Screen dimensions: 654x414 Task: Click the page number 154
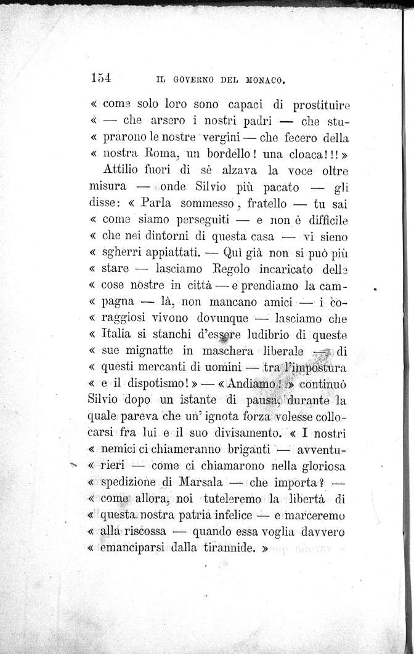tap(99, 78)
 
